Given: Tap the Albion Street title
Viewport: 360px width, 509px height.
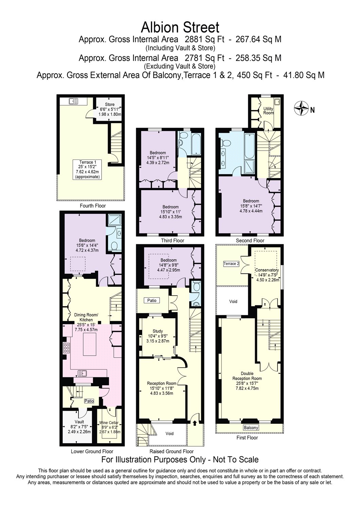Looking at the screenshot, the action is [180, 27].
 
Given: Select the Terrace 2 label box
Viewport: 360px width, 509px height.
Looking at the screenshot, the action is [231, 264].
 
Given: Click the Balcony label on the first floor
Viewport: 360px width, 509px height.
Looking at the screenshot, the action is [251, 428].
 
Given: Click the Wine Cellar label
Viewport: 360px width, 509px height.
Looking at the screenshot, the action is [109, 423].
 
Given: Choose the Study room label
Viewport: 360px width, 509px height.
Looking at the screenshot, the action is [158, 331].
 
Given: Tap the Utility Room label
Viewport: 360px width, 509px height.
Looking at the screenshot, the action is [268, 111].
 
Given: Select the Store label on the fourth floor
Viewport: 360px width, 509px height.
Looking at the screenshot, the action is [110, 104].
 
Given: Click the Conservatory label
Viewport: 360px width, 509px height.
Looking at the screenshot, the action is [267, 270].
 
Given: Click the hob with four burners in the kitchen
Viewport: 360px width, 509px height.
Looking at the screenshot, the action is [67, 348].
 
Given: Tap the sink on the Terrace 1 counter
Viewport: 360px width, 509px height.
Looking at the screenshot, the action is [73, 101].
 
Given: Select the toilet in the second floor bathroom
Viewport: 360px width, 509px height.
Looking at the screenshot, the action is [226, 143].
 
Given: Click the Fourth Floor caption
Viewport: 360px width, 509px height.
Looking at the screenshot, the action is [93, 206].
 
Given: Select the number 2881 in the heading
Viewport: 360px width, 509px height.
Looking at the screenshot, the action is [193, 40].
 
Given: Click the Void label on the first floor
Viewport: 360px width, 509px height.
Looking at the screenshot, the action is [233, 301].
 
